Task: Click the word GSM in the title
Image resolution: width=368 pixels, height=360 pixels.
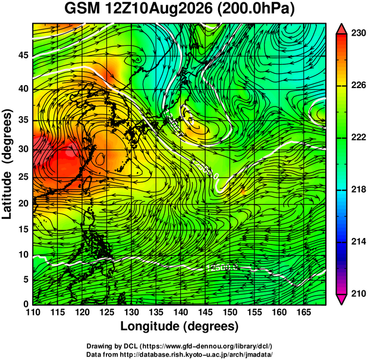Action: tap(83, 9)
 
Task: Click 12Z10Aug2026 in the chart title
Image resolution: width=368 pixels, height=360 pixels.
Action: tap(159, 9)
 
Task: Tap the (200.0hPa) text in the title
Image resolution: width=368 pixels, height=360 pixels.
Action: tap(256, 10)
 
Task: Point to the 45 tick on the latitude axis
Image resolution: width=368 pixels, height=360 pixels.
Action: tap(23, 56)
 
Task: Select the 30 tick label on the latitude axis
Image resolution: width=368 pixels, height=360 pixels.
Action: tap(23, 149)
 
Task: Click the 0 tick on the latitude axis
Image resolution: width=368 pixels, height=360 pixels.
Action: tap(26, 304)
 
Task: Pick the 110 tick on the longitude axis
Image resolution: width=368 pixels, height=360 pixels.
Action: tap(33, 312)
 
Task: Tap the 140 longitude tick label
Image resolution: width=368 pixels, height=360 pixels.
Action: tap(181, 312)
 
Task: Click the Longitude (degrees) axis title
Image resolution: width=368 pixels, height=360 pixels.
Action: tap(180, 327)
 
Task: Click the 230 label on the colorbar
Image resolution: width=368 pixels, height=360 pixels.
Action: tap(358, 33)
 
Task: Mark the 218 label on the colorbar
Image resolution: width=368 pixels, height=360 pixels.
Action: tap(358, 189)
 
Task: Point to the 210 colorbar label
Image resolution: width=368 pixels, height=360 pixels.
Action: tap(358, 293)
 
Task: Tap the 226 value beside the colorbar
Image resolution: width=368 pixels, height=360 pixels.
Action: tap(358, 85)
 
